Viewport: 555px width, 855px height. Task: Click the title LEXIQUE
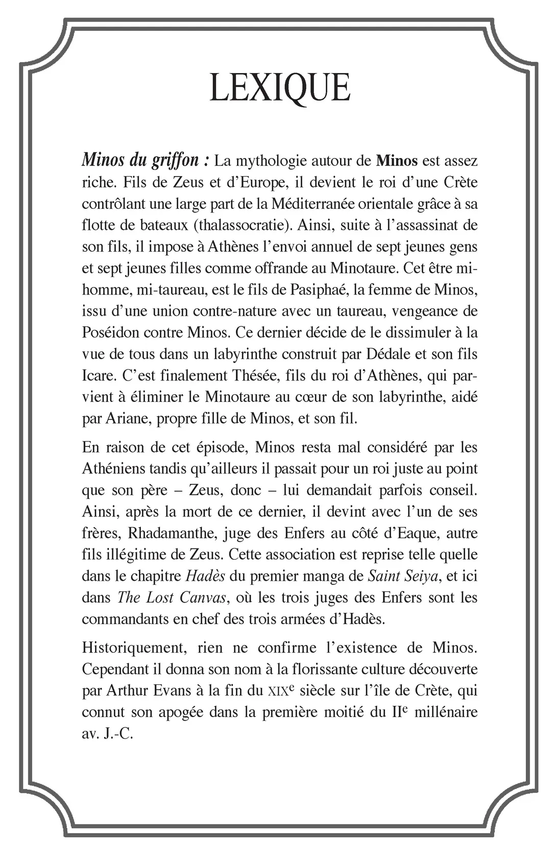279,88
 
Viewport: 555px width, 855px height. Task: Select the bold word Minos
397,161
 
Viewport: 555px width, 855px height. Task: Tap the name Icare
97,375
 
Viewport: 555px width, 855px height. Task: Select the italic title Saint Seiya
402,576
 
